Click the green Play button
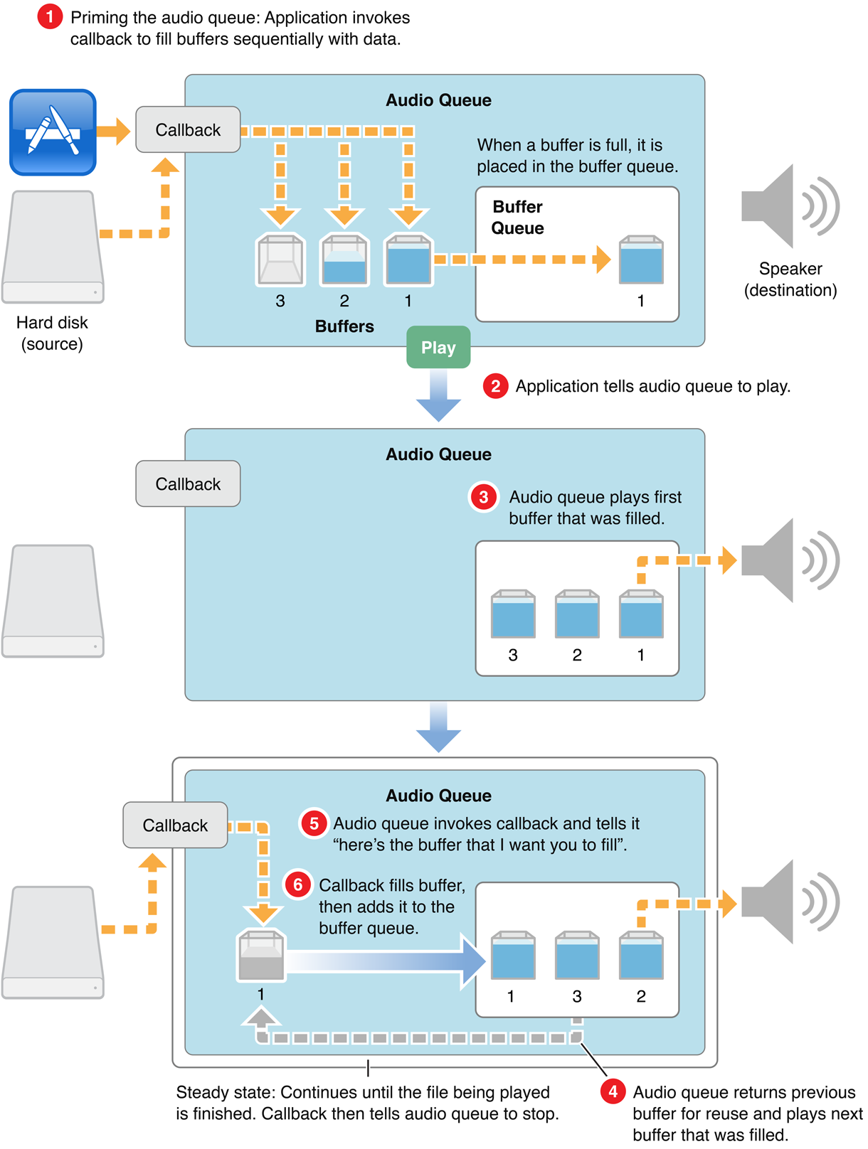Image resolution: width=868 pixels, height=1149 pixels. pyautogui.click(x=438, y=347)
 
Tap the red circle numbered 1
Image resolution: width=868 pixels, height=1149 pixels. pyautogui.click(x=50, y=16)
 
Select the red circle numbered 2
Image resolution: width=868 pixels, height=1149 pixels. pyautogui.click(x=495, y=386)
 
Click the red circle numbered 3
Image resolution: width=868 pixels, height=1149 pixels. pyautogui.click(x=483, y=497)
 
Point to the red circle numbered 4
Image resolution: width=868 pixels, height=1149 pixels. pyautogui.click(x=613, y=1091)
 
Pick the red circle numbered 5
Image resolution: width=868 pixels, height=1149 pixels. pyautogui.click(x=313, y=823)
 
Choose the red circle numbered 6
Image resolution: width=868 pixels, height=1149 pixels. pyautogui.click(x=297, y=885)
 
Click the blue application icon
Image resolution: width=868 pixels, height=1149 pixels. pyautogui.click(x=53, y=132)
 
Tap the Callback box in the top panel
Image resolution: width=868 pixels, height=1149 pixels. pyautogui.click(x=188, y=129)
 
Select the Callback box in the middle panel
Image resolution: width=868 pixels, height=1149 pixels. pyautogui.click(x=188, y=483)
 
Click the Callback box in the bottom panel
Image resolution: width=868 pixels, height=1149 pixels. pyautogui.click(x=175, y=825)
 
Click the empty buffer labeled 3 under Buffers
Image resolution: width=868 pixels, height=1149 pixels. pyautogui.click(x=280, y=260)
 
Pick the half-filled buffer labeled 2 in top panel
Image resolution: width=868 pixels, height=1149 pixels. pyautogui.click(x=344, y=260)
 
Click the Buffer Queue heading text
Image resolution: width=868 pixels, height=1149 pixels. pyautogui.click(x=517, y=217)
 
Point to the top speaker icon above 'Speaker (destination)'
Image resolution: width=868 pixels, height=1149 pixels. pyautogui.click(x=788, y=206)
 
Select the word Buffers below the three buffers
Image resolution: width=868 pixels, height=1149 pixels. pyautogui.click(x=344, y=326)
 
